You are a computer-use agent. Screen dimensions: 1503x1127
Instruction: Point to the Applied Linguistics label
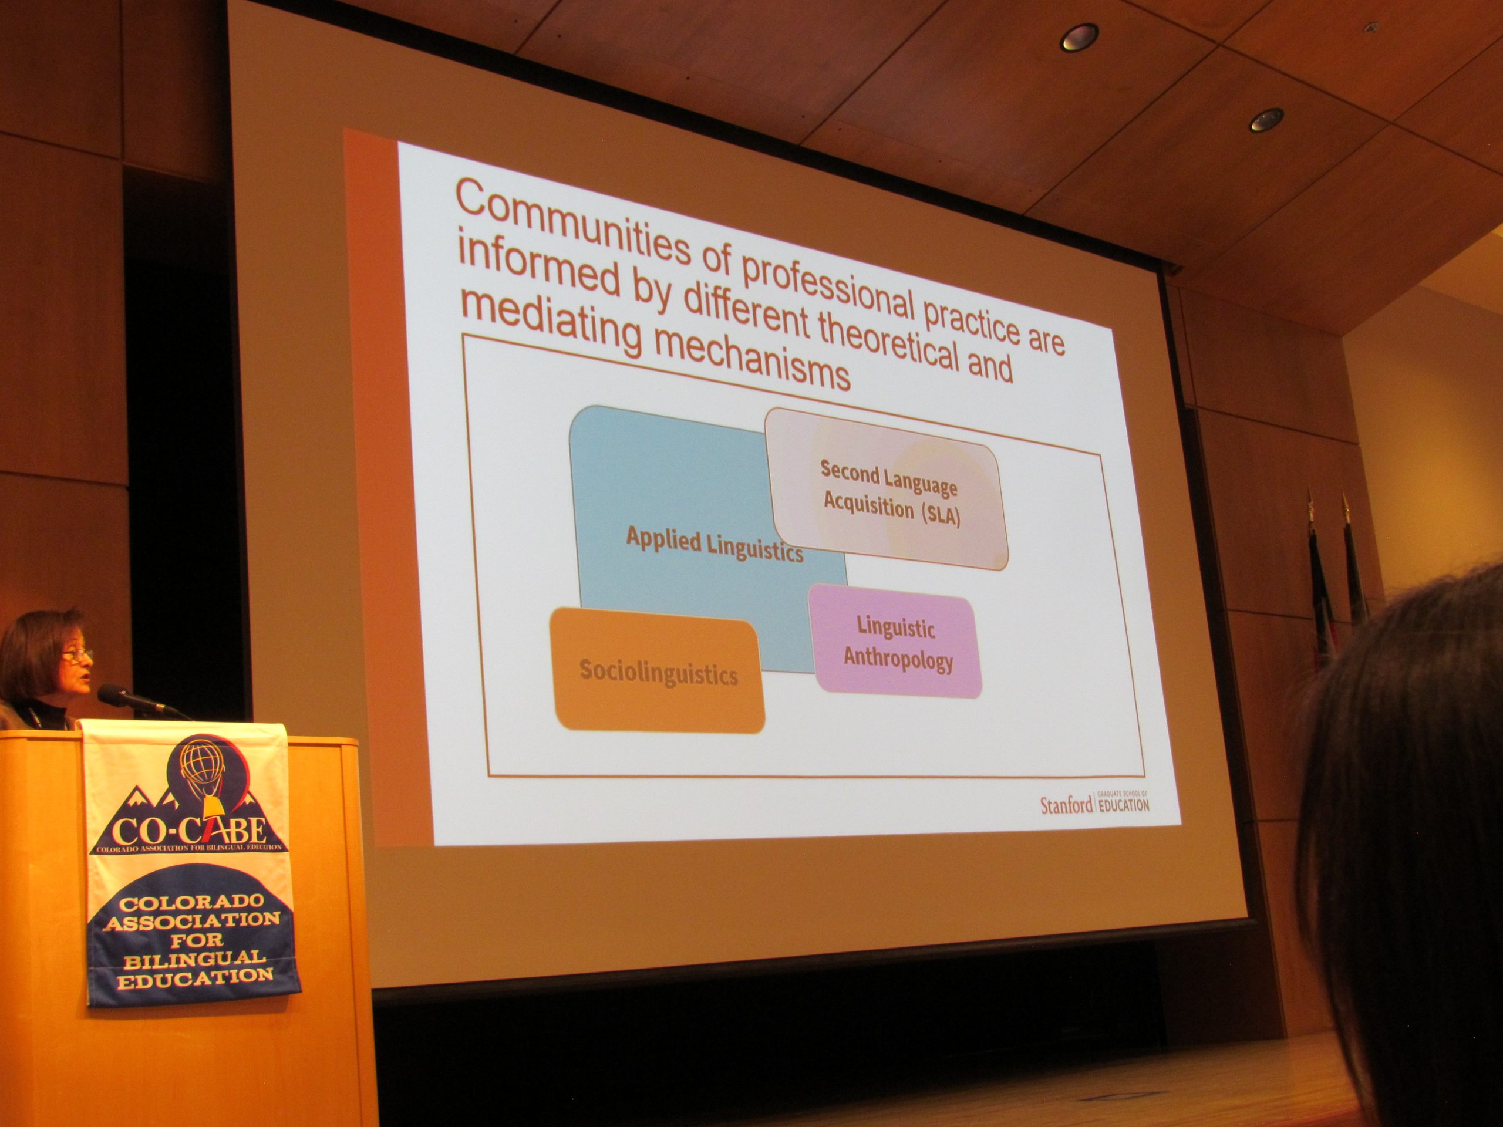[x=714, y=545]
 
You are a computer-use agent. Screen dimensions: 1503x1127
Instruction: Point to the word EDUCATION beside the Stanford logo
[x=1124, y=806]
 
